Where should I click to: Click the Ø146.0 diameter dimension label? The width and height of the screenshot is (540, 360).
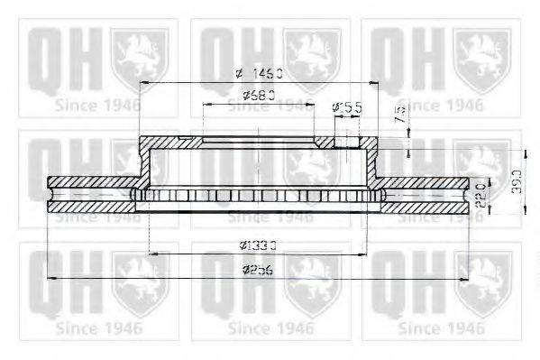click(x=258, y=73)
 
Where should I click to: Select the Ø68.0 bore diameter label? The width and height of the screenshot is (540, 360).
click(x=259, y=96)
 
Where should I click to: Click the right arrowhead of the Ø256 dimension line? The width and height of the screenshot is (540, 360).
click(x=465, y=278)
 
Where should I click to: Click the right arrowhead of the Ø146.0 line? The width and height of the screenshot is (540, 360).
click(x=377, y=82)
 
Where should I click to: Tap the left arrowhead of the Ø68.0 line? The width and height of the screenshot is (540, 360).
click(x=206, y=104)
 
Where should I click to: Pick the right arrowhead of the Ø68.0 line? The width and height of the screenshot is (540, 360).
click(x=312, y=104)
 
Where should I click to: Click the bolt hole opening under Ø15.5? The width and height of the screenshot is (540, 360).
click(x=345, y=140)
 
